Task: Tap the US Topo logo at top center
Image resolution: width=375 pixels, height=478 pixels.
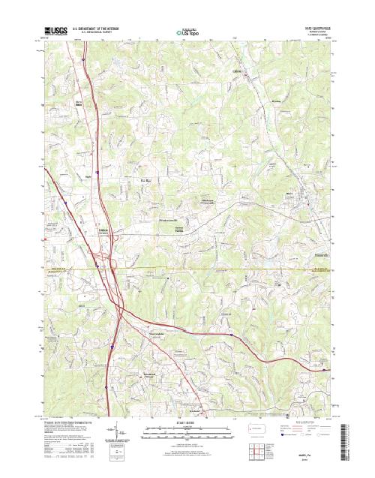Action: [x=188, y=32]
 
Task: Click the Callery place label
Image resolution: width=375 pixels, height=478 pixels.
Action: [x=239, y=72]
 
